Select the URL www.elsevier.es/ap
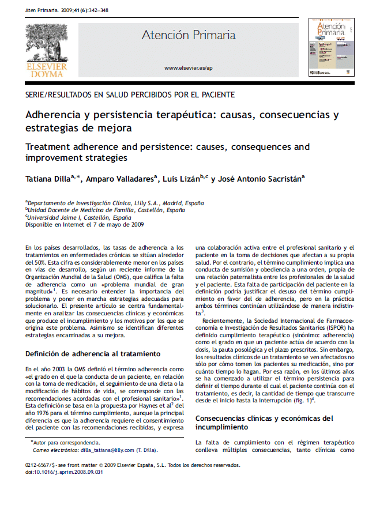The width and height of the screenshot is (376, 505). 189,68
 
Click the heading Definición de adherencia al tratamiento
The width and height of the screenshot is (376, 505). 92,353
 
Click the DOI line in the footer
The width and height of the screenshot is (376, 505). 59,471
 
